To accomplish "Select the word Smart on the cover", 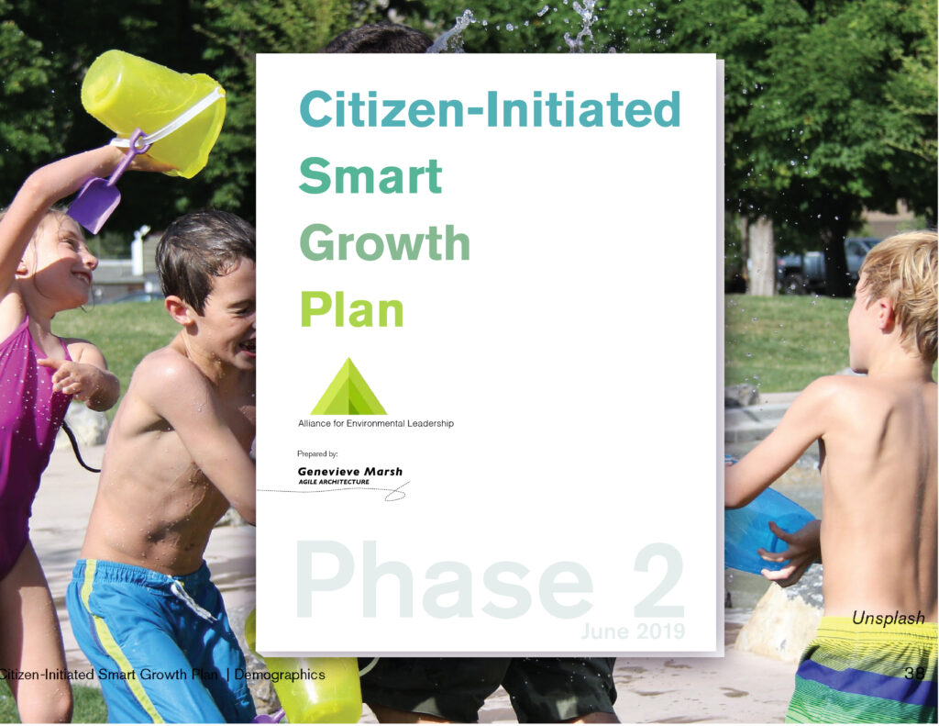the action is pyautogui.click(x=370, y=175).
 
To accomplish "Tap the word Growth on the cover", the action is pyautogui.click(x=384, y=243).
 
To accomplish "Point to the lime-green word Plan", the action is pyautogui.click(x=351, y=309).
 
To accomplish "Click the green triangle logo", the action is pyautogui.click(x=348, y=386).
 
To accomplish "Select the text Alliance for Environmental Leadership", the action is pyautogui.click(x=376, y=423).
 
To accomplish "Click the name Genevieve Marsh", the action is pyautogui.click(x=349, y=471).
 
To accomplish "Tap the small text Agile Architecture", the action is pyautogui.click(x=334, y=482).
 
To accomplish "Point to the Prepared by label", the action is pyautogui.click(x=317, y=453).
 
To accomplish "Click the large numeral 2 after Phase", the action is pyautogui.click(x=657, y=580).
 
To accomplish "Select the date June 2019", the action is pyautogui.click(x=633, y=631).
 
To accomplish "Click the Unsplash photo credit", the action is pyautogui.click(x=888, y=618).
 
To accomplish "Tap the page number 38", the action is pyautogui.click(x=914, y=673).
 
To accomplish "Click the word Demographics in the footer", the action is pyautogui.click(x=280, y=675).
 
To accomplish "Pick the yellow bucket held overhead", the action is pyautogui.click(x=153, y=111).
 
